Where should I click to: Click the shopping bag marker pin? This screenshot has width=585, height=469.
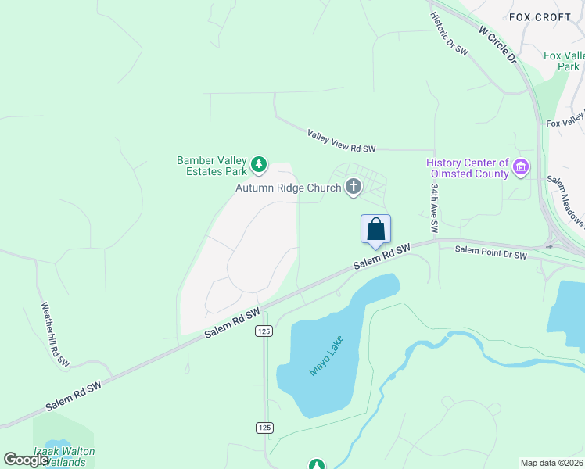pos(375,230)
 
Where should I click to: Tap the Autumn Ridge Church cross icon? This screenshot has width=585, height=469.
pos(354,186)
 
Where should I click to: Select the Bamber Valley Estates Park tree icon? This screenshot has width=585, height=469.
pos(258,166)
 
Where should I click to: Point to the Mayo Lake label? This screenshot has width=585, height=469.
pos(326,356)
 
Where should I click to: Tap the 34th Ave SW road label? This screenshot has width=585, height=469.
pos(434,209)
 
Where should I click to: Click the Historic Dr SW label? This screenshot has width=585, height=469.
pos(449,33)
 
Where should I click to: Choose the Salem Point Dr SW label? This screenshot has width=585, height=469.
pos(492,253)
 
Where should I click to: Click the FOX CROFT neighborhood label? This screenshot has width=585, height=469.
pos(540,16)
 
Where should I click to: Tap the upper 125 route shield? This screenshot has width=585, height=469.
pos(264,331)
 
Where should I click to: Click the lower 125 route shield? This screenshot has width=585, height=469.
pos(264,427)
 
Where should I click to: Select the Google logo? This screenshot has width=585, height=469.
pos(26,459)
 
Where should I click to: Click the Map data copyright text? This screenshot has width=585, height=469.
pos(551,463)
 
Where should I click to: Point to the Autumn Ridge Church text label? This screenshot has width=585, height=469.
pos(289,188)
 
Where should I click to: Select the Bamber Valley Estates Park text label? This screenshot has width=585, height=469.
pos(211,166)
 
